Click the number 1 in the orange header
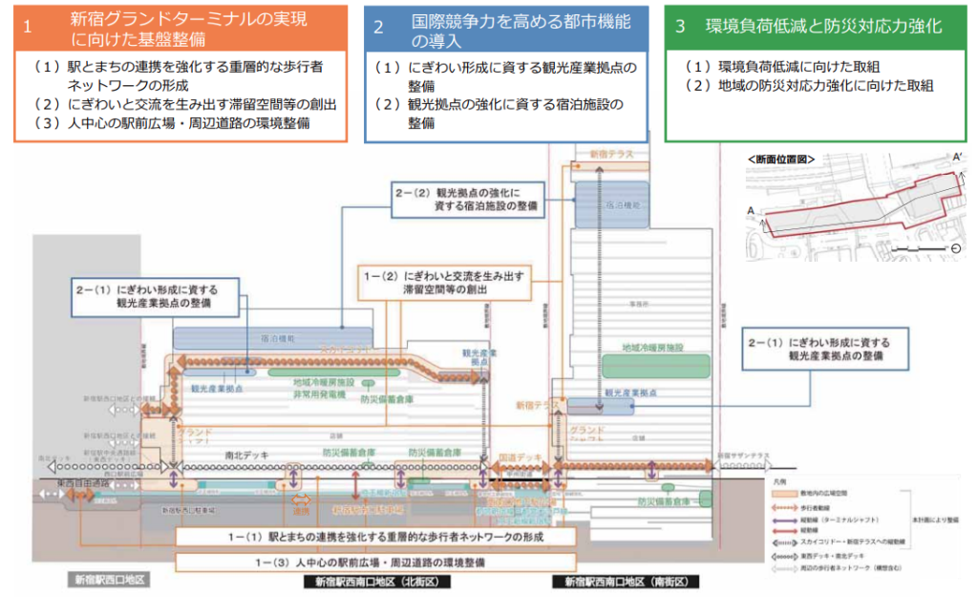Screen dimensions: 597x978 [x=27, y=26]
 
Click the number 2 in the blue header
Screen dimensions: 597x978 [x=379, y=26]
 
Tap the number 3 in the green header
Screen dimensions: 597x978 [x=680, y=26]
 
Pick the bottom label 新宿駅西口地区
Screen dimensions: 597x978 [x=108, y=581]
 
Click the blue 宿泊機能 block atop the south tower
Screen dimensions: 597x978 [x=612, y=203]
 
